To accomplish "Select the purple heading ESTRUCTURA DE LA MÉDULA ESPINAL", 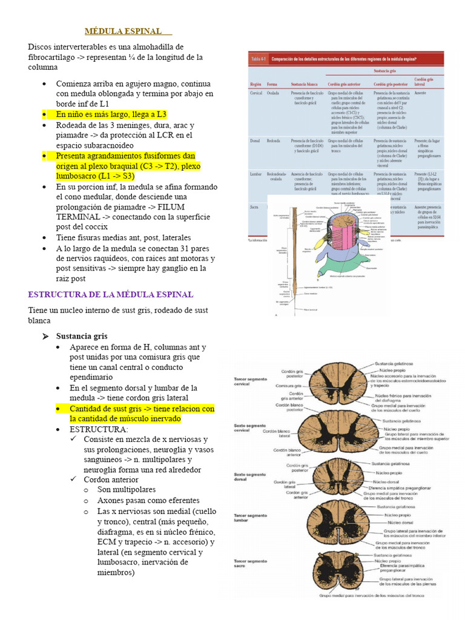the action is (111, 294).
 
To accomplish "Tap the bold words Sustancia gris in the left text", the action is (82, 336).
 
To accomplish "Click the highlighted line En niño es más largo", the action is (111, 114).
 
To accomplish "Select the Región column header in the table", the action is (256, 84).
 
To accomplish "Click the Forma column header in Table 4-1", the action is (272, 84).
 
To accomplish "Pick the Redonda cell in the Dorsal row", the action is (274, 140).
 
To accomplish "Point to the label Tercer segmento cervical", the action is (249, 381).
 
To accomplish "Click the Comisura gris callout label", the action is (289, 386).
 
